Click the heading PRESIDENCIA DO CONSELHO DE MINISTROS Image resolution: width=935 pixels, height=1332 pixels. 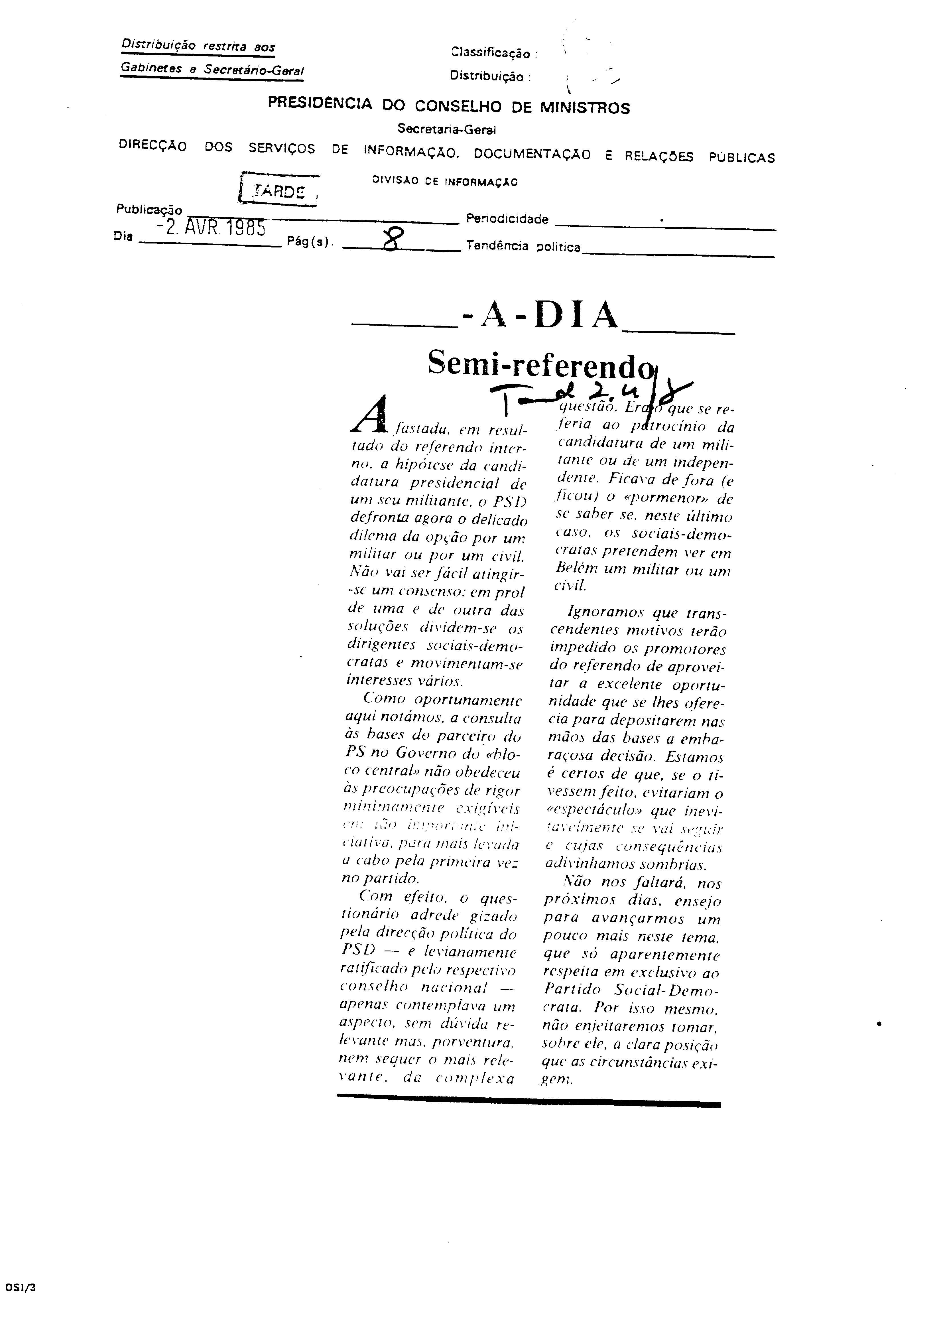tap(448, 106)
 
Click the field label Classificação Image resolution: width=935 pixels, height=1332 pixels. tap(494, 53)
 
